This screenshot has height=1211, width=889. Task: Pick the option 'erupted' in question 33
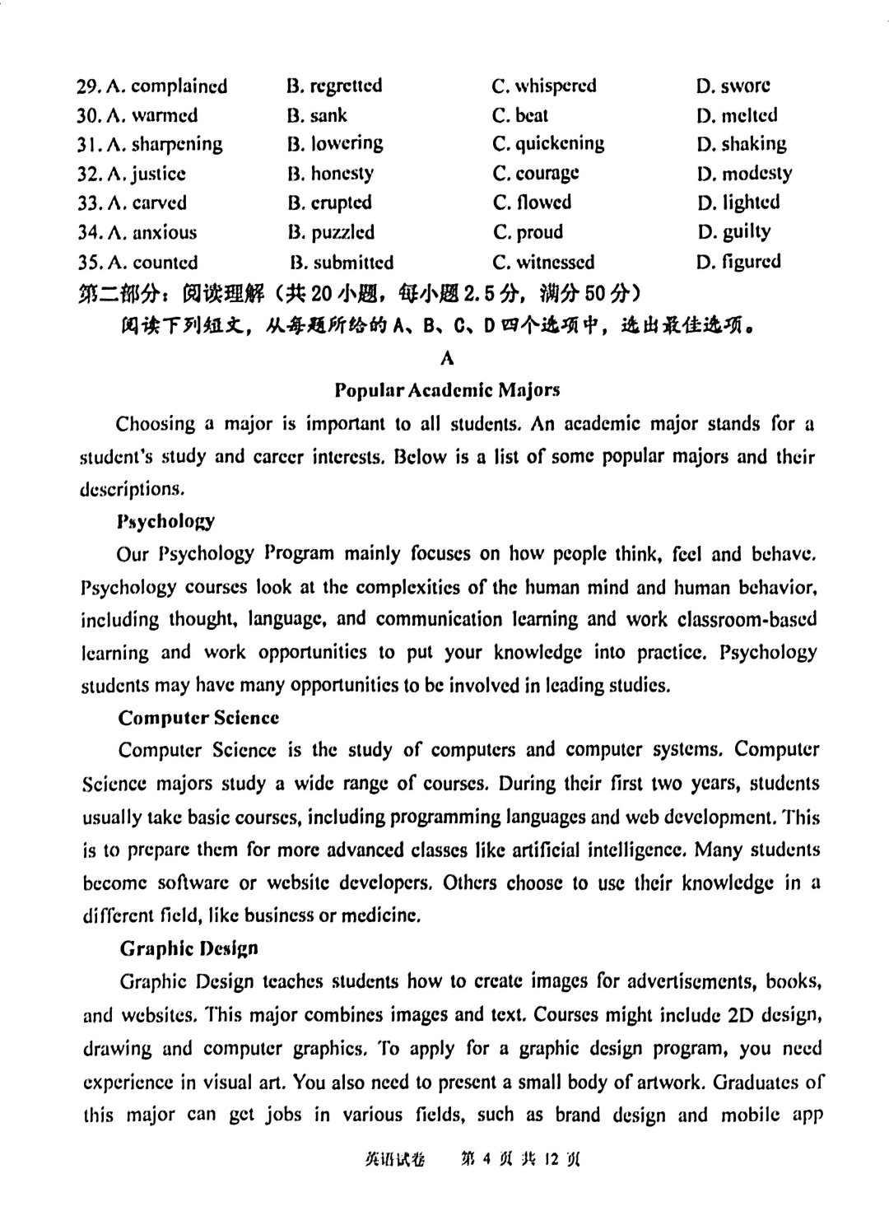click(341, 203)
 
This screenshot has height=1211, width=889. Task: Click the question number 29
click(87, 86)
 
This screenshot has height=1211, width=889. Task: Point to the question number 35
click(88, 263)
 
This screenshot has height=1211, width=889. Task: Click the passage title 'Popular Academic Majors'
click(448, 389)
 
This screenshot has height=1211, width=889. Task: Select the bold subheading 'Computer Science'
click(198, 718)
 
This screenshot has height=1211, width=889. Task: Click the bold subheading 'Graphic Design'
click(189, 948)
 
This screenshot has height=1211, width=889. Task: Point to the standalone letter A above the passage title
click(447, 357)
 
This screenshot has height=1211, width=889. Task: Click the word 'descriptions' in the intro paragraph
click(130, 489)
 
